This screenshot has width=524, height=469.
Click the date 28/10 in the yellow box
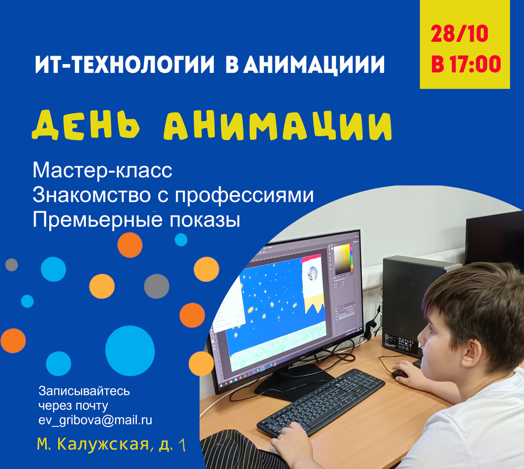pos(460,34)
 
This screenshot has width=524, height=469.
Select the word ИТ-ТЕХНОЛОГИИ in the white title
pos(124,64)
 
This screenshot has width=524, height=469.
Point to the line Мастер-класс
pos(102,170)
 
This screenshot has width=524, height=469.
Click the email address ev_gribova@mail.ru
pos(95,420)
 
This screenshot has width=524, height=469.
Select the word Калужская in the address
pos(103,444)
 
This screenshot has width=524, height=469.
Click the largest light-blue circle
pos(130,350)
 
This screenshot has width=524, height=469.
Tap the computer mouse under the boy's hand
pos(400,374)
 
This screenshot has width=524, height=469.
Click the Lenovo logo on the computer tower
pos(398,270)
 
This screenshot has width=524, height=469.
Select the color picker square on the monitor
pos(343,259)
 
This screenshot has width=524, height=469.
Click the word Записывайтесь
pos(84,391)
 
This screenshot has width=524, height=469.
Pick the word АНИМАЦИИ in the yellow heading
pos(278,125)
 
